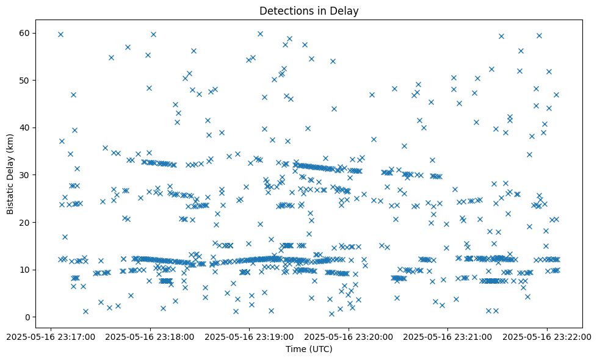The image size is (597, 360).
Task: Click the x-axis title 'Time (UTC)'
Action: (309, 349)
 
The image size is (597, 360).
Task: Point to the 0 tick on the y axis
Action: (27, 317)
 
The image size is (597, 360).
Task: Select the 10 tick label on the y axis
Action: (25, 270)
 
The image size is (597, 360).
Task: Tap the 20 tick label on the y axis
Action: (25, 223)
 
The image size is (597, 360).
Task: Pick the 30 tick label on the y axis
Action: (25, 175)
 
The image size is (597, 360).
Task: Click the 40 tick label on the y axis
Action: (25, 128)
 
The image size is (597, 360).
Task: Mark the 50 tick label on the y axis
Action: (25, 81)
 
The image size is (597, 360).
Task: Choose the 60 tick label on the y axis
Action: (25, 33)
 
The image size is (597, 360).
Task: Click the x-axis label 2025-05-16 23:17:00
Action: (51, 336)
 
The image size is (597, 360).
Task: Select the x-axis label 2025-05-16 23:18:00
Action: (150, 336)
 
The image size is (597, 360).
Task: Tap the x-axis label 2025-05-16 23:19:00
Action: (250, 336)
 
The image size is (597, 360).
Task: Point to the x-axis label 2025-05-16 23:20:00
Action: (349, 336)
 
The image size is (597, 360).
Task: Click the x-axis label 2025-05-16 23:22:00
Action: (547, 336)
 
